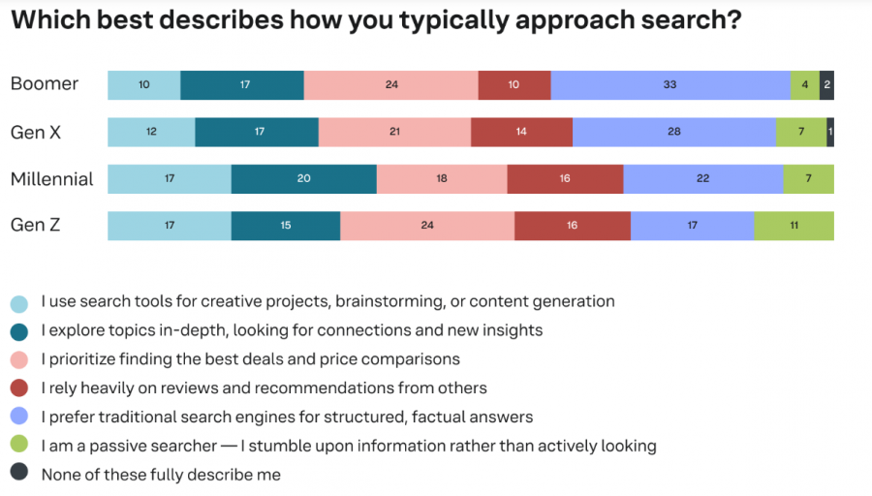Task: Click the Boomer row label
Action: click(x=44, y=84)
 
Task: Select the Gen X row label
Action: click(x=36, y=132)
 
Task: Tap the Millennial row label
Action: click(x=51, y=179)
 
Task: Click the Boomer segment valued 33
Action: click(x=670, y=84)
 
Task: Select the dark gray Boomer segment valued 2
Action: click(x=826, y=84)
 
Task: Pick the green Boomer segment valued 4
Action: click(x=805, y=84)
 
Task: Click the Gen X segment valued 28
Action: click(x=674, y=132)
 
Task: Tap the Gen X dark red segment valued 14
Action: click(x=521, y=132)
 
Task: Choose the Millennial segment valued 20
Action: click(x=303, y=179)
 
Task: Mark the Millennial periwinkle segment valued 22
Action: click(x=703, y=179)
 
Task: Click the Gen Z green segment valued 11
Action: click(x=794, y=226)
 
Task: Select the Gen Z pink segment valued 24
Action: click(x=427, y=226)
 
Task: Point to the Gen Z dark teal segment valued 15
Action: click(x=286, y=226)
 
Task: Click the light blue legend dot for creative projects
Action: click(x=18, y=302)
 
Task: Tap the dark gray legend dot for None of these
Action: click(x=18, y=474)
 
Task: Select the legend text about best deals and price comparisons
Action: click(x=250, y=359)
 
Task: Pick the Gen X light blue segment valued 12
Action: click(x=151, y=132)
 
